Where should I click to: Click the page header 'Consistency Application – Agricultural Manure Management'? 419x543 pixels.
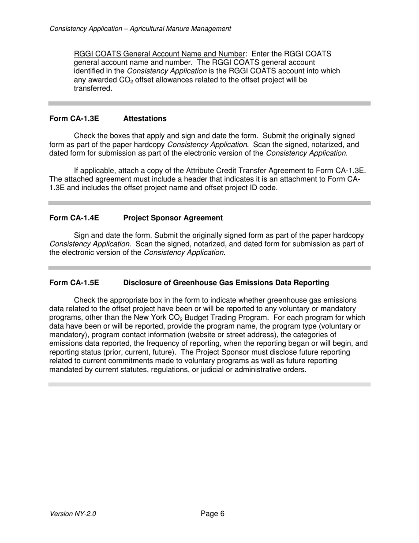tap(140, 29)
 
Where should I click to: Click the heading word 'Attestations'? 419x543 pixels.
tap(145, 119)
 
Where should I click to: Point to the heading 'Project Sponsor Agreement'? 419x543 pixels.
tap(173, 218)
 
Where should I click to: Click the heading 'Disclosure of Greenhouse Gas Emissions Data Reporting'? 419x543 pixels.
tap(226, 283)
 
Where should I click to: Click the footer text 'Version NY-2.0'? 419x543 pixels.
tap(73, 514)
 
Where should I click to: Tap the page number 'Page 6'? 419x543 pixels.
tap(213, 513)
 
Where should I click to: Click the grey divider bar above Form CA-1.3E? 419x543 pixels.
tap(209, 103)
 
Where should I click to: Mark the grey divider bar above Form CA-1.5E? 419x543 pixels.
tap(209, 268)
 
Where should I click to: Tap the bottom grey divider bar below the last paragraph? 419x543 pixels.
tap(209, 385)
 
